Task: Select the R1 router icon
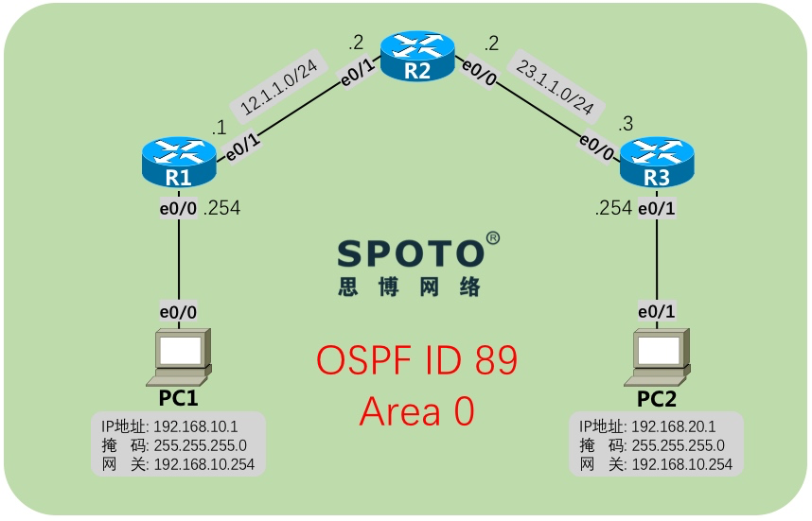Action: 179,162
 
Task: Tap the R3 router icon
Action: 656,162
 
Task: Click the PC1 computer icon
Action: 180,356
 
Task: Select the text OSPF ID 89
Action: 416,361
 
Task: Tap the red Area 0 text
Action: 416,411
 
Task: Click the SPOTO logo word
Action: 410,253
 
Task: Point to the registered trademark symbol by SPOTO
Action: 493,236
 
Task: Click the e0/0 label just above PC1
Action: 179,311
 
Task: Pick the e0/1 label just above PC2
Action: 656,311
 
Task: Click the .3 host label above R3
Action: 624,124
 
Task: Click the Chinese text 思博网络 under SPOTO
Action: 410,287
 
